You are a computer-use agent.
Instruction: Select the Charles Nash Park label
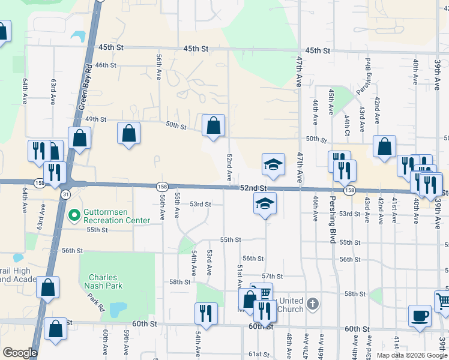tap(106, 281)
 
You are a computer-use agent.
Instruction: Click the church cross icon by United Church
tap(312, 304)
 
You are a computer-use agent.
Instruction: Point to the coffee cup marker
tap(420, 315)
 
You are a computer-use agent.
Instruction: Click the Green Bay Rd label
tap(86, 87)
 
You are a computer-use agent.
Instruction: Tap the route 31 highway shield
tap(64, 195)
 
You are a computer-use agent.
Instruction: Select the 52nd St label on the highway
tap(253, 188)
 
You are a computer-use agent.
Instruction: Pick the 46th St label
tap(105, 65)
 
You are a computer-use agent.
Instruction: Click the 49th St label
tap(95, 119)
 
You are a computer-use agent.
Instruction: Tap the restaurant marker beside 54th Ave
tap(205, 313)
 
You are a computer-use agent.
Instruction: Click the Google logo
tap(20, 353)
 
